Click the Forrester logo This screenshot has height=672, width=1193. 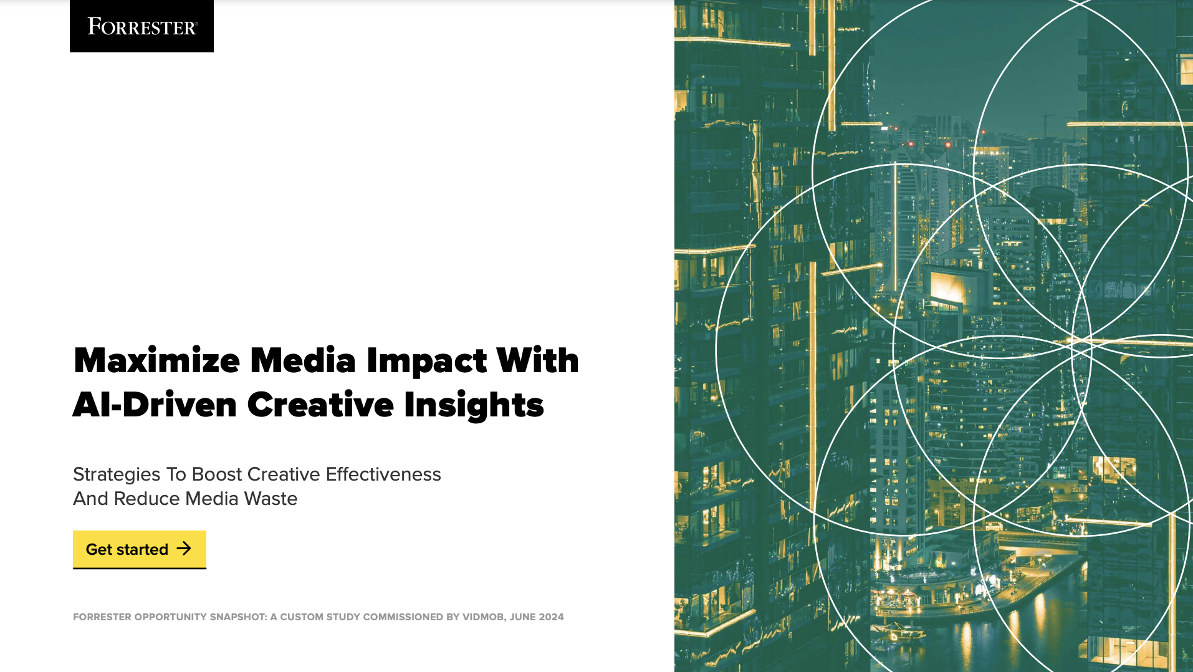pyautogui.click(x=141, y=26)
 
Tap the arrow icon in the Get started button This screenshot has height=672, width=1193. pyautogui.click(x=184, y=549)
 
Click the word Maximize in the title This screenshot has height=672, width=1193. pyautogui.click(x=156, y=361)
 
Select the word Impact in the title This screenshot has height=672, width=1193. pyautogui.click(x=426, y=361)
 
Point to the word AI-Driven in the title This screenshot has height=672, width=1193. pyautogui.click(x=155, y=405)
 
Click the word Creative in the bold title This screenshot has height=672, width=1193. pyautogui.click(x=320, y=405)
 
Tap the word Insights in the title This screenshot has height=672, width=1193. pyautogui.click(x=474, y=405)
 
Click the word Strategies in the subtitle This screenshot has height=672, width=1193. pyautogui.click(x=117, y=474)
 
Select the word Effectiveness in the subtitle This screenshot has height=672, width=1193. pyautogui.click(x=383, y=474)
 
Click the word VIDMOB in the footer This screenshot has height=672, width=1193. pyautogui.click(x=482, y=617)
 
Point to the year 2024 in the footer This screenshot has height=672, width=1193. pyautogui.click(x=551, y=617)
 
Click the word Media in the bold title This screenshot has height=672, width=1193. pyautogui.click(x=303, y=361)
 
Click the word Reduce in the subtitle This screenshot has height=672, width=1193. pyautogui.click(x=147, y=499)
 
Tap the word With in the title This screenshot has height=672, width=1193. pyautogui.click(x=537, y=361)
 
